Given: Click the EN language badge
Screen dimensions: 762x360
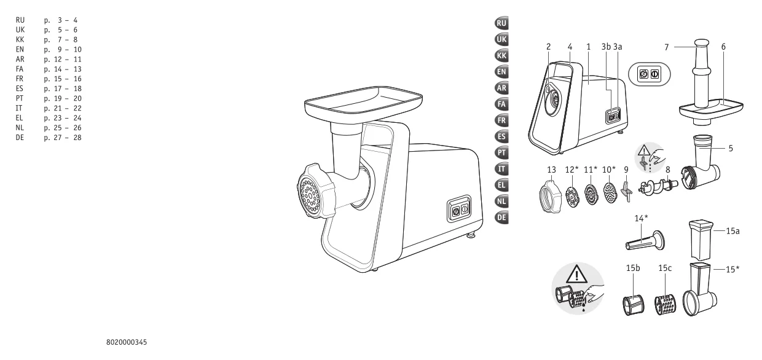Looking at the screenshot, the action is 502,72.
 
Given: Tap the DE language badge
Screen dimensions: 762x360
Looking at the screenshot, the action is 502,217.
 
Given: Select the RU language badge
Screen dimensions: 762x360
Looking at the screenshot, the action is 502,23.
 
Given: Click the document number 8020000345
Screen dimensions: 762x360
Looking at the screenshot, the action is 127,342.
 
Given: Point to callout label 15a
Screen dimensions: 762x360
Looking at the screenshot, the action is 733,231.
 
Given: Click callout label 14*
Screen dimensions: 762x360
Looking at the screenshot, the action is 641,218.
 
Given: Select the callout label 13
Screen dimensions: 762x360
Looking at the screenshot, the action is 551,170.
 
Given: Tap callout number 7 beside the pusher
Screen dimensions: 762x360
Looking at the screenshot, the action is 667,47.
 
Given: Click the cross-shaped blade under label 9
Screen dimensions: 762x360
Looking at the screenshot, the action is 626,192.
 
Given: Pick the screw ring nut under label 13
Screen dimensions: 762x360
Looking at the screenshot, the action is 550,196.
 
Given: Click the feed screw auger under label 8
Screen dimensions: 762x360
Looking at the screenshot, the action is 658,187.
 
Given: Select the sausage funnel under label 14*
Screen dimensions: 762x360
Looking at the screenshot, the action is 645,241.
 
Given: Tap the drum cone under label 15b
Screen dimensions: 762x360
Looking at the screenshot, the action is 634,305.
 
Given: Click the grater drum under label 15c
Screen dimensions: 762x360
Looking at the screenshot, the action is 666,305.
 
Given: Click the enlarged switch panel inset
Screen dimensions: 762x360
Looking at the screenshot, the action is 649,74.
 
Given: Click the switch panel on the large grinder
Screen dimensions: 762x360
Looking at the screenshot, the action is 459,208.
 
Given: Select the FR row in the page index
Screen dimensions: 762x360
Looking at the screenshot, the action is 49,79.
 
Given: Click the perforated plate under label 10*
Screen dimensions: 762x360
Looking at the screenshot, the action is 610,193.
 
